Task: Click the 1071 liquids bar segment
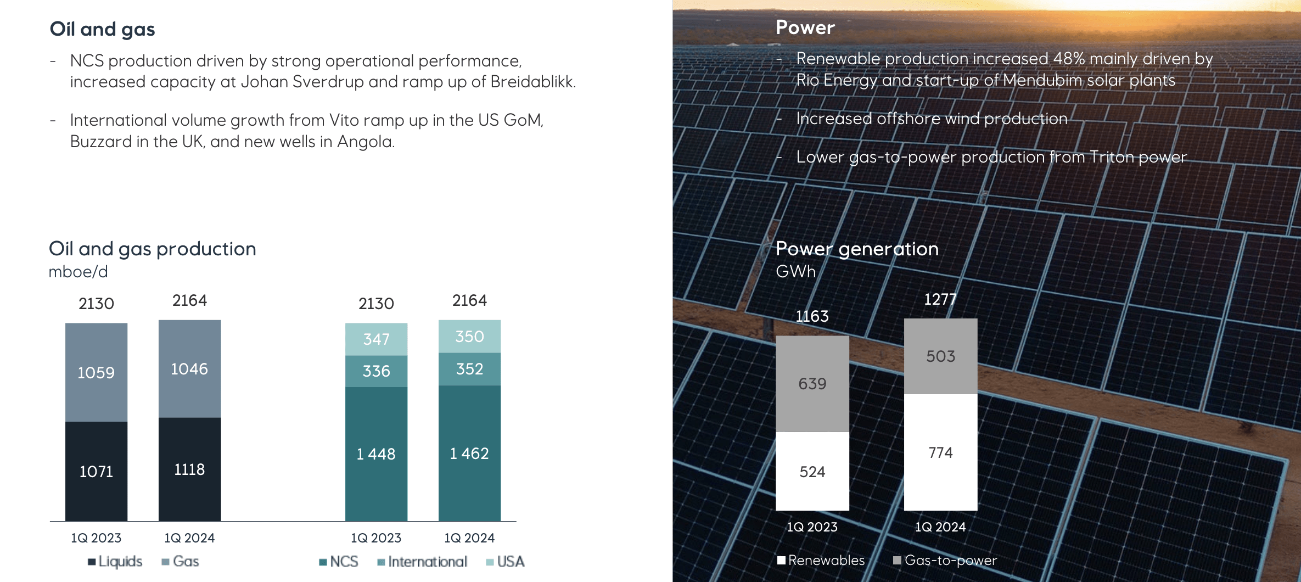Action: tap(96, 471)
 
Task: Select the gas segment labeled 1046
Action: tap(189, 369)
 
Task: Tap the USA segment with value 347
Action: tap(376, 339)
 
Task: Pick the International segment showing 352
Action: tap(469, 369)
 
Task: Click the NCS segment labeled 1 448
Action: tap(376, 454)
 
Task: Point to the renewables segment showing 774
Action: tap(940, 452)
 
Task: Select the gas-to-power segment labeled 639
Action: tap(812, 384)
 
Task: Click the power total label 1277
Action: tap(940, 299)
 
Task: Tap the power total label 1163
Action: tap(812, 316)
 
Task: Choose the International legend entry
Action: tap(423, 562)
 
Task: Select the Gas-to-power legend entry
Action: tap(945, 560)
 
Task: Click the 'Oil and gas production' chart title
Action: tap(153, 249)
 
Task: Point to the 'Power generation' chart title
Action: tap(857, 249)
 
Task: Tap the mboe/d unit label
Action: tap(78, 272)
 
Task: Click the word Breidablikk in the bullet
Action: tap(532, 82)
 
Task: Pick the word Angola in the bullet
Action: tap(366, 142)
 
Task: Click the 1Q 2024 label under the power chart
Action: tap(940, 527)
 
